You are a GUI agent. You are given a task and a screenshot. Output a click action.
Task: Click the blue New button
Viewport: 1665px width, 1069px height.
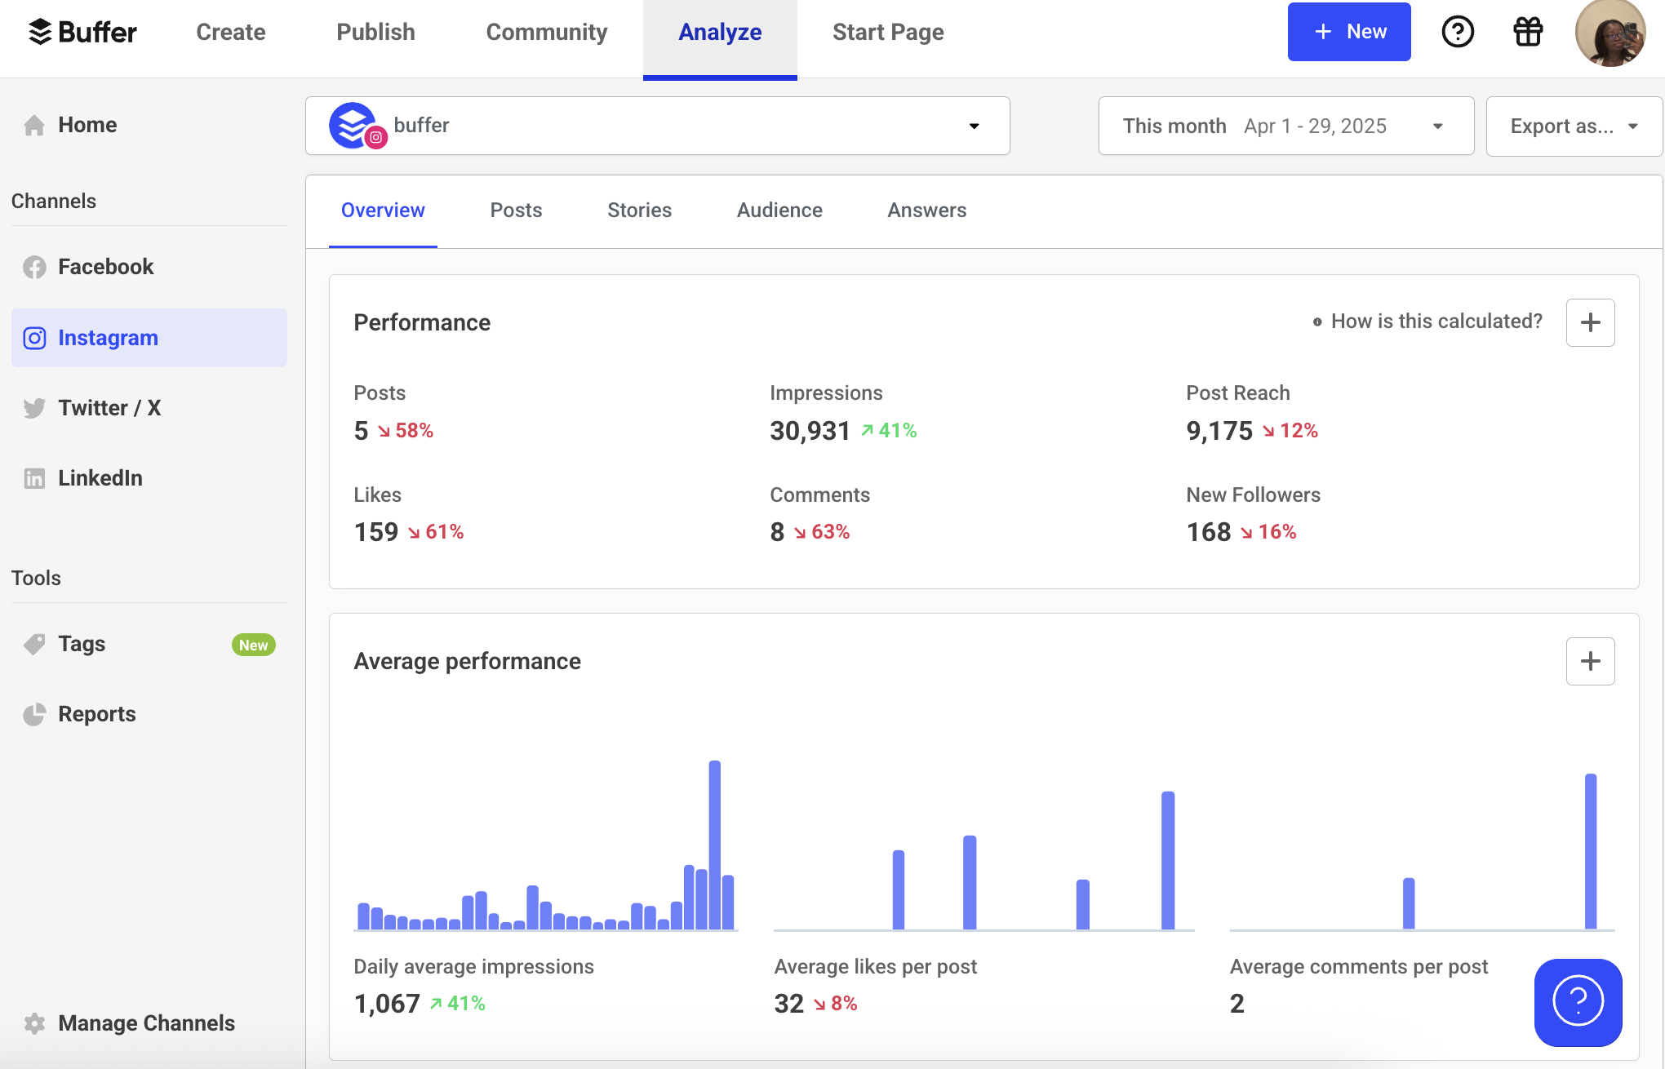click(1348, 32)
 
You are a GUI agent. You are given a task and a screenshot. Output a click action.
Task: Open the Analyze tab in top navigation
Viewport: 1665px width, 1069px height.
click(720, 33)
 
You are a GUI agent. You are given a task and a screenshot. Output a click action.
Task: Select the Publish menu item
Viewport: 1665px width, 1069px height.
click(375, 33)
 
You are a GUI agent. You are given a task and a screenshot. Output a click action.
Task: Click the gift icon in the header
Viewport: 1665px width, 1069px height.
click(1527, 33)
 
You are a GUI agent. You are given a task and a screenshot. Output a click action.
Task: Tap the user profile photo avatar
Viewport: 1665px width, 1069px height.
click(1609, 33)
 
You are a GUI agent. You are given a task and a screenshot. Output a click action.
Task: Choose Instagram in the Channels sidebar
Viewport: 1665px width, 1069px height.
click(108, 338)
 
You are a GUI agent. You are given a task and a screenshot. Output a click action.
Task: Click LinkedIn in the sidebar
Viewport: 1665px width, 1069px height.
click(100, 478)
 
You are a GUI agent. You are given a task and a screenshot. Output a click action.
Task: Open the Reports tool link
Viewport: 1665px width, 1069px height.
click(96, 714)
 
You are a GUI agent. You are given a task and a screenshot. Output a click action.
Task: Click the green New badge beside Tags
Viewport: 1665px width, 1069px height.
click(253, 645)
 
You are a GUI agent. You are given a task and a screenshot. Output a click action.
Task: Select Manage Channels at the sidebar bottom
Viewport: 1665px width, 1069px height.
click(146, 1023)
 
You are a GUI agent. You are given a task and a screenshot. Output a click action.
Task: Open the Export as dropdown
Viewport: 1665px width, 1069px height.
click(1573, 126)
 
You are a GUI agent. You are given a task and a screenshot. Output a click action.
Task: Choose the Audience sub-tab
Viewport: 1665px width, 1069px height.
click(779, 211)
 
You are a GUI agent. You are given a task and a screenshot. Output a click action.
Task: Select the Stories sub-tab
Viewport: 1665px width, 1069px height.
click(639, 211)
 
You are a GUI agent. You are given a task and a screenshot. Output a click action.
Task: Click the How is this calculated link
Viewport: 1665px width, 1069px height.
click(1436, 322)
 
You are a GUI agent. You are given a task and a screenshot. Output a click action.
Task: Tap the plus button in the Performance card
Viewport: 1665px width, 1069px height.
click(1590, 322)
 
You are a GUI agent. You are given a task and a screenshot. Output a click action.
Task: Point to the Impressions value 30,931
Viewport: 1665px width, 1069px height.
click(810, 431)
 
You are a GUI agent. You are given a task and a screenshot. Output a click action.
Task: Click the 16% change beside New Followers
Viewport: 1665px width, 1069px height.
click(1276, 532)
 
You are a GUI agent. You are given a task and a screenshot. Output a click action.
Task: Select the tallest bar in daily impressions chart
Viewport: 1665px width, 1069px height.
click(715, 845)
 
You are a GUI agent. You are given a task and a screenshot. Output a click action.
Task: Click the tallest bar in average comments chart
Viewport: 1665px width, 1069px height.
click(1590, 851)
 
